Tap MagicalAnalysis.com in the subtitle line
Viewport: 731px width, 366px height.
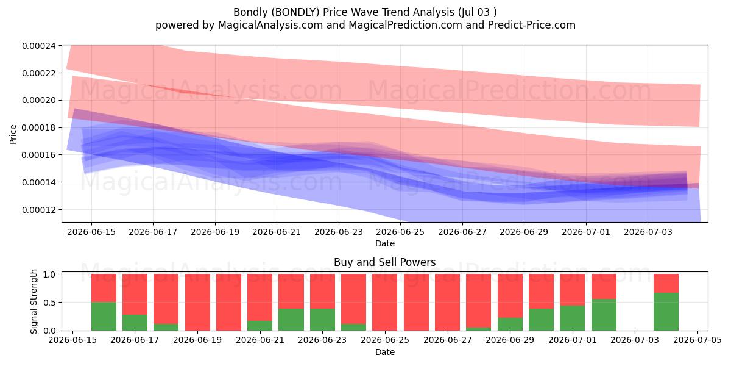tap(270, 25)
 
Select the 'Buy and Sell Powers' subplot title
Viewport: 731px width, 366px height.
tap(385, 262)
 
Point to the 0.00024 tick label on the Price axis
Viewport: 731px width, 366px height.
tap(39, 46)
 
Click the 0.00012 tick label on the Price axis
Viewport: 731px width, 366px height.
tap(39, 209)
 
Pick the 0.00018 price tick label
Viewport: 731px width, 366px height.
tap(39, 127)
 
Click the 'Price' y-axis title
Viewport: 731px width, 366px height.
tap(13, 134)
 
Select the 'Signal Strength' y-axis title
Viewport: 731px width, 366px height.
tap(34, 301)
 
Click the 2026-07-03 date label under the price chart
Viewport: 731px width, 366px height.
tap(648, 232)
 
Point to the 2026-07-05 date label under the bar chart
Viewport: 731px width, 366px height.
tap(697, 340)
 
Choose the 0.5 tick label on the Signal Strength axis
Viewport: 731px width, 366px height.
tap(49, 303)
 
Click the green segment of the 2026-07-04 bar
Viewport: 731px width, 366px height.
tap(666, 312)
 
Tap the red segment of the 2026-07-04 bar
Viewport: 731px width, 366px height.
tap(666, 284)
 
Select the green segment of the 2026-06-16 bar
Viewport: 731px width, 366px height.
tap(104, 317)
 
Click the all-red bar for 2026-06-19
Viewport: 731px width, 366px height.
tap(197, 303)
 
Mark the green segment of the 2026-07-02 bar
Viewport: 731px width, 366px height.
tap(604, 315)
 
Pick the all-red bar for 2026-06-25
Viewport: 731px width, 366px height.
tap(385, 303)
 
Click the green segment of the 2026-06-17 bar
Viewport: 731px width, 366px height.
tap(135, 323)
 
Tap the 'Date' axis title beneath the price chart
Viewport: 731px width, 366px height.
tap(385, 243)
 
